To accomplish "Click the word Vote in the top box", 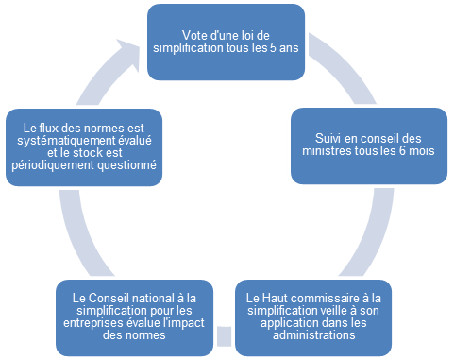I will [x=196, y=34].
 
